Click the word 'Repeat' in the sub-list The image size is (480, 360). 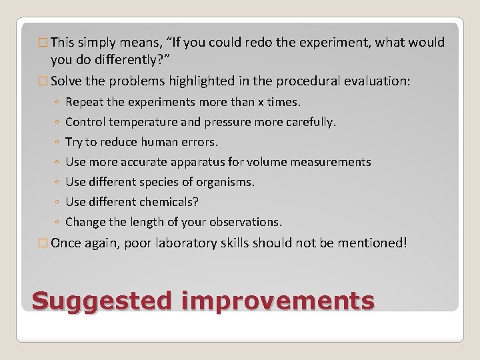pyautogui.click(x=83, y=102)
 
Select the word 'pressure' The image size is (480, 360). pyautogui.click(x=218, y=122)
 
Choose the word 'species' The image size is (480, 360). pyautogui.click(x=159, y=182)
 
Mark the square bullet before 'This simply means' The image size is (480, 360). pyautogui.click(x=43, y=43)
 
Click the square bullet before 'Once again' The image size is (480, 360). pyautogui.click(x=43, y=243)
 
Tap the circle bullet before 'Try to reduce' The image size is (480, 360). pyautogui.click(x=57, y=143)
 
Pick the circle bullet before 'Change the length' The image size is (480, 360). pyautogui.click(x=57, y=223)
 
